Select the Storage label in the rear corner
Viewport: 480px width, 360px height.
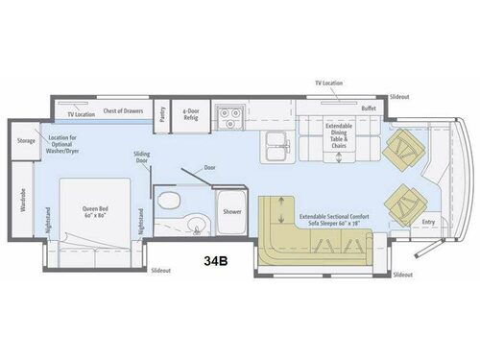26,140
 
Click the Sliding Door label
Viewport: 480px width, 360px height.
142,158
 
